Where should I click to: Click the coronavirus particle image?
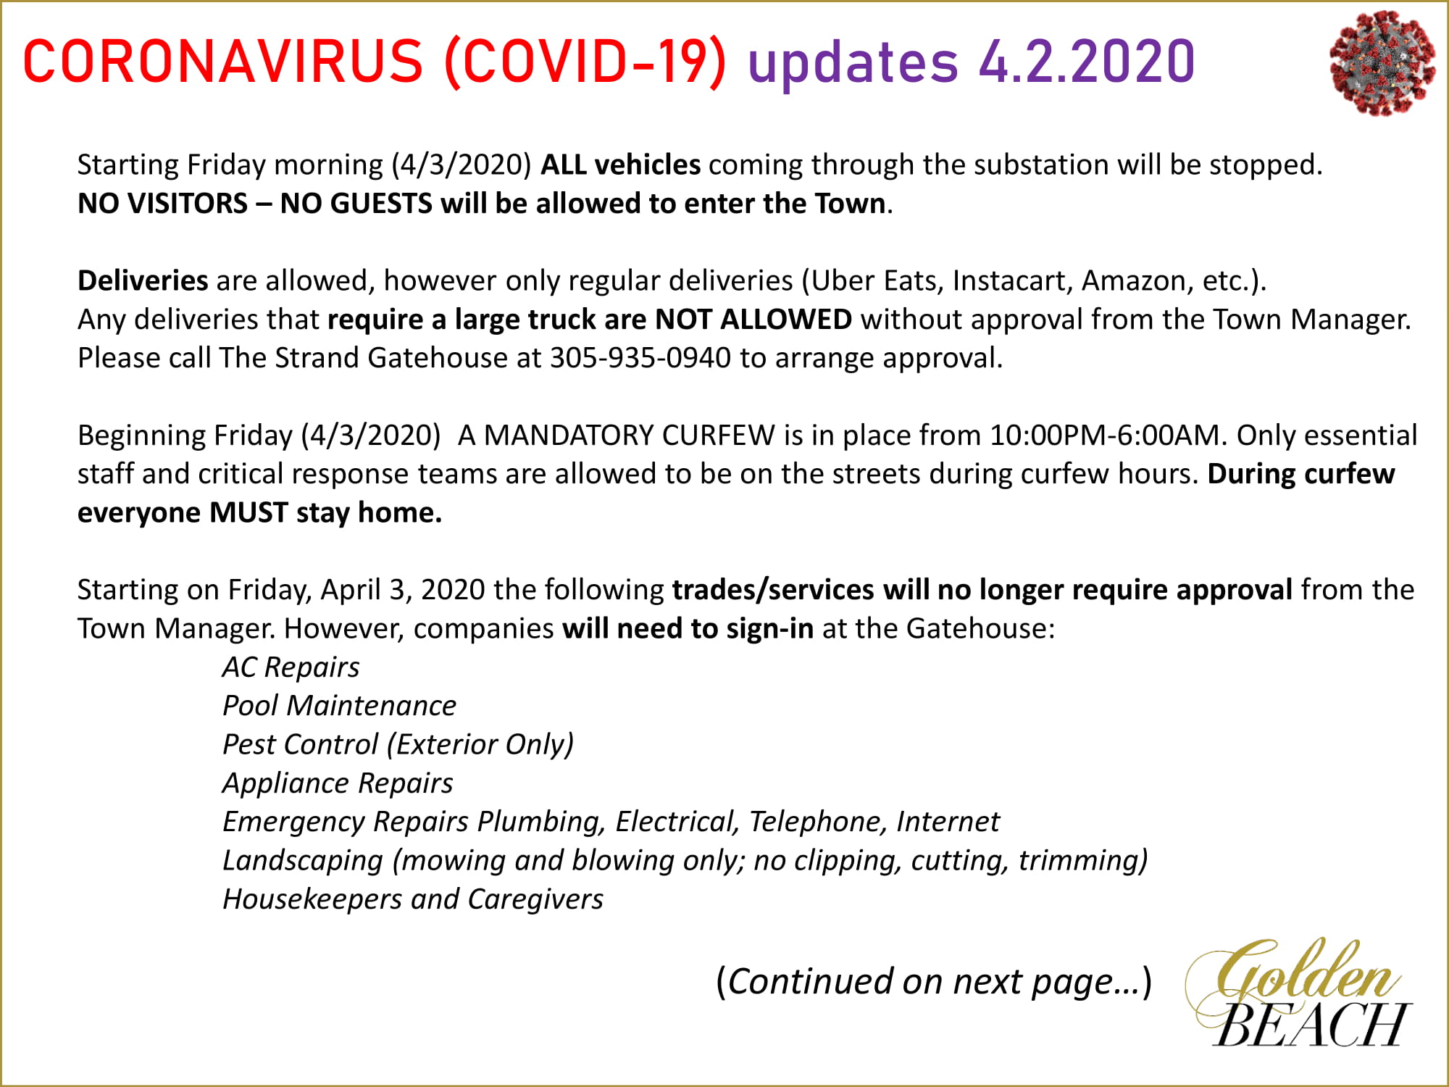[1382, 63]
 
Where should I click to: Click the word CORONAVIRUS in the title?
[223, 61]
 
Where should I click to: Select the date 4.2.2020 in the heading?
[1087, 61]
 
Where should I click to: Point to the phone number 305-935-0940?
[640, 358]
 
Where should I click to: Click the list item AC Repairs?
[291, 667]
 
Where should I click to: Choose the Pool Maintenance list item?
[339, 706]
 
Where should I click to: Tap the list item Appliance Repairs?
[338, 783]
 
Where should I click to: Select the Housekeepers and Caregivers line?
[413, 899]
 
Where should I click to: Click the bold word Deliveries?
[143, 280]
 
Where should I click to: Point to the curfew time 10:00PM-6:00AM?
[1106, 435]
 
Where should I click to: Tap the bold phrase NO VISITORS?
[163, 204]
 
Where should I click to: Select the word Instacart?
[1012, 281]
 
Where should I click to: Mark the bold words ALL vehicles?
[621, 164]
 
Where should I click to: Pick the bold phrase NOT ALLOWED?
[753, 320]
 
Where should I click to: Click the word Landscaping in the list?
[303, 861]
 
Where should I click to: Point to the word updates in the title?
[853, 62]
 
